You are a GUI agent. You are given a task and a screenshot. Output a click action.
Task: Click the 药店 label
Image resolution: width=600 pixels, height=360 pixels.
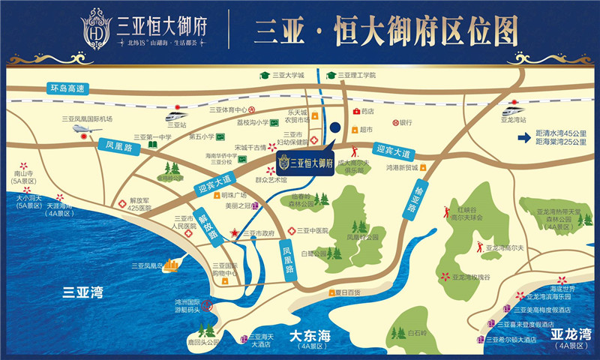367,111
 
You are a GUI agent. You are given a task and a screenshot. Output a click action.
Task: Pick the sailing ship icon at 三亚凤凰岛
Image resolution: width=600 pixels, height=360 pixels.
172,264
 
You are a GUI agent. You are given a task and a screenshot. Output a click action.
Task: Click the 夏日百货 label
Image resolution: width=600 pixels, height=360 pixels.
348,291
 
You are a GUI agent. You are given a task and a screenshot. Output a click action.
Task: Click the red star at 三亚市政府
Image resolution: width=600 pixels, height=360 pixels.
235,234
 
